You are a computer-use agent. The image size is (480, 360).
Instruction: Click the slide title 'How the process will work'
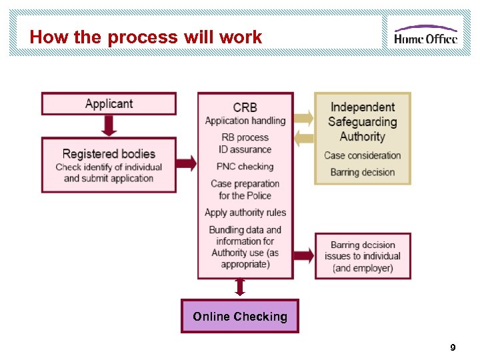(145, 37)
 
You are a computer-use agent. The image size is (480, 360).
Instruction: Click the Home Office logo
(425, 34)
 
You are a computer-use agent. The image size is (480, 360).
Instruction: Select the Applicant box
(109, 103)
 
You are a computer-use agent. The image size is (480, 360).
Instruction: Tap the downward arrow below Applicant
(109, 125)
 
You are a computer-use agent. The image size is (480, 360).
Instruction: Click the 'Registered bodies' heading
(109, 154)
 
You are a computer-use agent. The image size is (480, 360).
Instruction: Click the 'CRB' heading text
(245, 107)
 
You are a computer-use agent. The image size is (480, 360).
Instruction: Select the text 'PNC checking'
(245, 167)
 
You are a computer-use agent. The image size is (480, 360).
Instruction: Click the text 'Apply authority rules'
(245, 213)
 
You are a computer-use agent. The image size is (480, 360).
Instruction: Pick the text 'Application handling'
(245, 121)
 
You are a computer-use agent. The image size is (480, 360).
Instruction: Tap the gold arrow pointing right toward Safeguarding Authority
(303, 118)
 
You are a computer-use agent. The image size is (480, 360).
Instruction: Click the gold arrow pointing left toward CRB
(303, 139)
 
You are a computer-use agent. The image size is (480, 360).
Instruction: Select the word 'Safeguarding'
(362, 122)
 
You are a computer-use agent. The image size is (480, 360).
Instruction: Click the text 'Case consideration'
(362, 155)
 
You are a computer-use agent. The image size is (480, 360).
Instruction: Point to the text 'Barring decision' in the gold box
(362, 172)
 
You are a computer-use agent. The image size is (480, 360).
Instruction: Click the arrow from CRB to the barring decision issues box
(303, 255)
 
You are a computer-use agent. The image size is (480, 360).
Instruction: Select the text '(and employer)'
(363, 268)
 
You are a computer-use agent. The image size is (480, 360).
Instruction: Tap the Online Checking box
(240, 317)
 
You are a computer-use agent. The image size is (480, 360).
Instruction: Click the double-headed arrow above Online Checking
(240, 287)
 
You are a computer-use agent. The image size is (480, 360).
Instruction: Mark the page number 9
(453, 347)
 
